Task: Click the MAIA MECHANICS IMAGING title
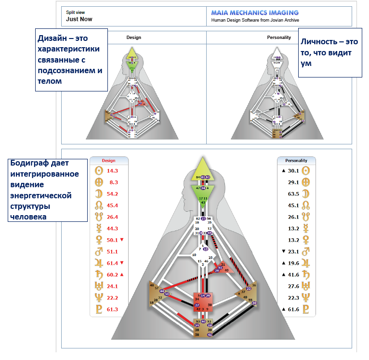[x=254, y=13]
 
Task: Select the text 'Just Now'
[x=79, y=19]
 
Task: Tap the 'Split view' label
[x=75, y=12]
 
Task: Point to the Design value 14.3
[x=112, y=171]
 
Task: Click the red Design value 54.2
[x=112, y=194]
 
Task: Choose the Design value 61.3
[x=112, y=309]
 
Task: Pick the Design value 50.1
[x=112, y=240]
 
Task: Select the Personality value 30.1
[x=293, y=171]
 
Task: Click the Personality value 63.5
[x=293, y=194]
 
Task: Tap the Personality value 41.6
[x=293, y=274]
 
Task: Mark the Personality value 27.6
[x=293, y=286]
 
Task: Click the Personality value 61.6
[x=293, y=309]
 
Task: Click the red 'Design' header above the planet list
[x=109, y=161]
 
